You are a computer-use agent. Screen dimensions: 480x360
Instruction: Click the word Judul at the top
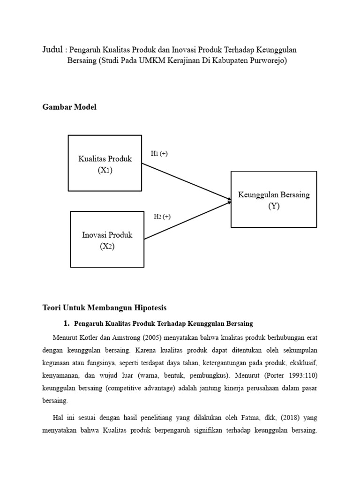point(53,49)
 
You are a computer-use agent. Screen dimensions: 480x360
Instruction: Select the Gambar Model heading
point(69,107)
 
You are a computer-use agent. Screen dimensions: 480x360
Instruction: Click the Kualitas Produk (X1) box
point(105,163)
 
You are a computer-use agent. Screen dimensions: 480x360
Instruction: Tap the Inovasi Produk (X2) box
point(107,240)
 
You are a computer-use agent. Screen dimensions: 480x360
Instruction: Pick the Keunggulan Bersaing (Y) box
point(274,200)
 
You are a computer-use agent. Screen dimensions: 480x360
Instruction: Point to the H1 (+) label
point(159,154)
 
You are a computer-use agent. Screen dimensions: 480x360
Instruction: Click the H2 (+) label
point(162,217)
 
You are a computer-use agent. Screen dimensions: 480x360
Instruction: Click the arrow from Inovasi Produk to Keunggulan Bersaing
point(187,220)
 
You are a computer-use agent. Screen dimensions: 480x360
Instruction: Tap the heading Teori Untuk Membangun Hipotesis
point(105,308)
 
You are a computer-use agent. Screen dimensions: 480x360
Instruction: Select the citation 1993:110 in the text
point(302,375)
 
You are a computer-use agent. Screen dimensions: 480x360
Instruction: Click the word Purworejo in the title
point(266,61)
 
